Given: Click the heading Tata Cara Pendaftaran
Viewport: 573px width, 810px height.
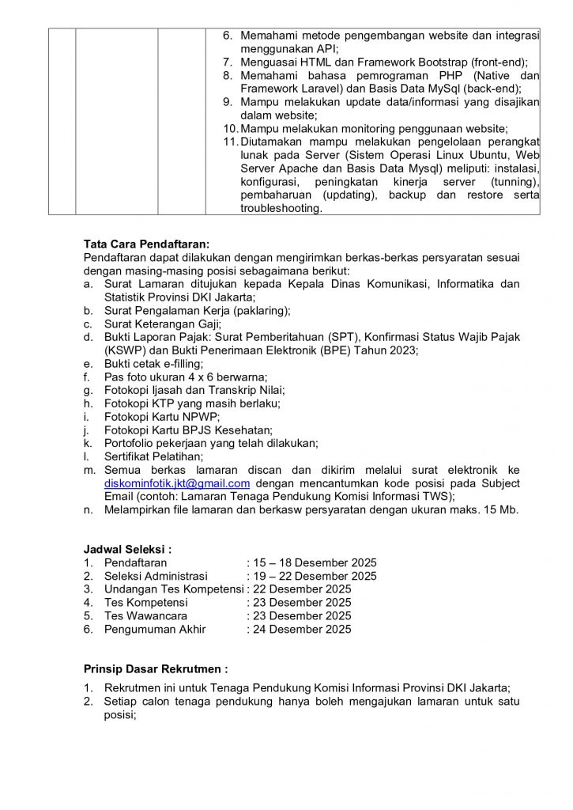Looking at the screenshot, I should tap(147, 244).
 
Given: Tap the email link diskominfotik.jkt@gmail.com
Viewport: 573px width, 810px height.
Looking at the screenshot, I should tap(177, 483).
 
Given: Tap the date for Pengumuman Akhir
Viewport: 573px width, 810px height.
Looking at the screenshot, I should tap(300, 630).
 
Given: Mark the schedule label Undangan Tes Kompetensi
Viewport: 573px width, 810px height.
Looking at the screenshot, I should tap(173, 589).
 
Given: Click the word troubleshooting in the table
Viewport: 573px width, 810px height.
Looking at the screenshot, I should tap(281, 209).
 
